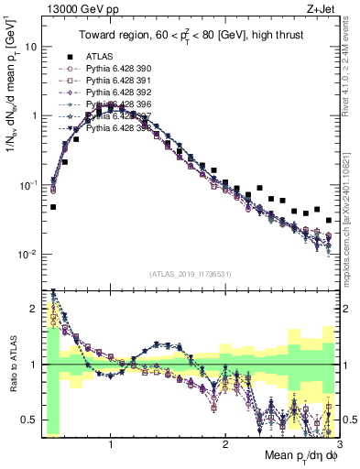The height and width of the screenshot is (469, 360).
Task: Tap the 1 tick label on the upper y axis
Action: (33, 116)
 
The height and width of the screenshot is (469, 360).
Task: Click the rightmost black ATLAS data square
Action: (329, 220)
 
